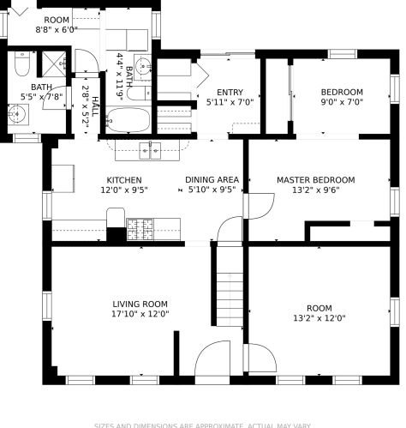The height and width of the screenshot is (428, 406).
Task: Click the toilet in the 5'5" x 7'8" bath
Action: tap(22, 65)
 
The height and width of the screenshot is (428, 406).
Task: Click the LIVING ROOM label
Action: tap(140, 304)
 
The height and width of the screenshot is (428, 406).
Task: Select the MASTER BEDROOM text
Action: tap(314, 180)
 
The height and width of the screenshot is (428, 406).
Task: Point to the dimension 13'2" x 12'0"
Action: tap(319, 318)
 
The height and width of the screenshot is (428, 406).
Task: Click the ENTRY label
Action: tap(230, 93)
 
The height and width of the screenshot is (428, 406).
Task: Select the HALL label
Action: tap(94, 107)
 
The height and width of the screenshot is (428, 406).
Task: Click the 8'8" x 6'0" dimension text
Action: tap(57, 29)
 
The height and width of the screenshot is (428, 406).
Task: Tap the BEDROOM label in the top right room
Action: tap(342, 93)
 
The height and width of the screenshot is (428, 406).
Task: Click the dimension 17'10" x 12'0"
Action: tap(140, 314)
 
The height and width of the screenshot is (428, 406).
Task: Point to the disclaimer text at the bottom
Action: tap(203, 425)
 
